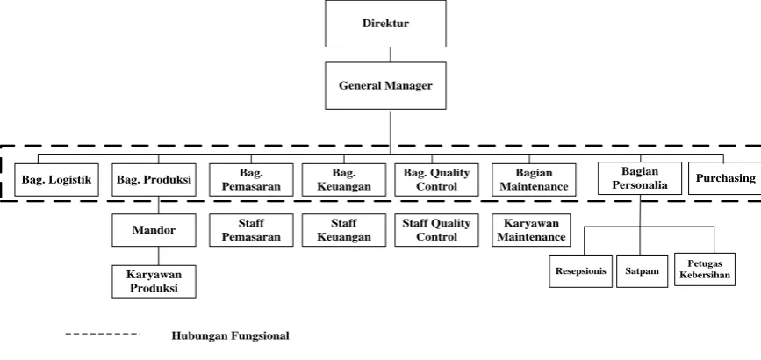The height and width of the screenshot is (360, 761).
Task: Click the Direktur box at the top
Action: click(385, 24)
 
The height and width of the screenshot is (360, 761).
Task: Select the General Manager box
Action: click(385, 85)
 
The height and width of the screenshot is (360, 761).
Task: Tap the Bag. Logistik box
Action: click(56, 180)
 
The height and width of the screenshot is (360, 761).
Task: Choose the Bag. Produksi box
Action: click(154, 180)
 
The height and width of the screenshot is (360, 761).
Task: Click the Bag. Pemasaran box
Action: click(251, 180)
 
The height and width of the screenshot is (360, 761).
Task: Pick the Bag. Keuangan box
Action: click(344, 180)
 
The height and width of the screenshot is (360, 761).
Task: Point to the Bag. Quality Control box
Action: click(436, 180)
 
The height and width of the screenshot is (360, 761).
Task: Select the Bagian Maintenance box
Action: click(534, 180)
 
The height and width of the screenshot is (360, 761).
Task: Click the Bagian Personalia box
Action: click(640, 178)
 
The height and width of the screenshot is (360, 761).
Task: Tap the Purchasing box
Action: click(725, 178)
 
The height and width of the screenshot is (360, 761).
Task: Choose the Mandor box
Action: click(154, 230)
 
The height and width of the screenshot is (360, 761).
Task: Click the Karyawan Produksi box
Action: click(154, 281)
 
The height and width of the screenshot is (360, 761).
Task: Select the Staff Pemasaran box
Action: click(251, 230)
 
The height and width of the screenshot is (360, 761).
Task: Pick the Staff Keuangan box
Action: click(344, 230)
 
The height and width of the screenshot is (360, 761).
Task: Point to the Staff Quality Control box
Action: click(436, 230)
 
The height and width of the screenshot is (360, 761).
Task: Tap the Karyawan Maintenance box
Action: click(531, 230)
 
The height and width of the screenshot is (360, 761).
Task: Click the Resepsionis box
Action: click(581, 271)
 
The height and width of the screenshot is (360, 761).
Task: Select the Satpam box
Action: click(643, 271)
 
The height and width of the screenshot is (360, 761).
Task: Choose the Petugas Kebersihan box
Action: click(705, 270)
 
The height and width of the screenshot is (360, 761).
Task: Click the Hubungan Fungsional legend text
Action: click(231, 335)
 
